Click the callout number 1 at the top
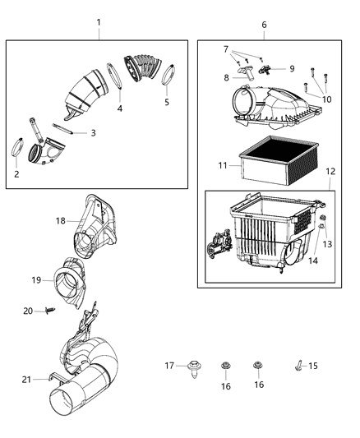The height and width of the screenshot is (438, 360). (x=99, y=22)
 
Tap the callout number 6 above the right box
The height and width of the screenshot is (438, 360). (x=264, y=25)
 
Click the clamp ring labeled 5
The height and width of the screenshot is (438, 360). (x=170, y=76)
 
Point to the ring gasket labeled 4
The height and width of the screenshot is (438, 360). (x=118, y=80)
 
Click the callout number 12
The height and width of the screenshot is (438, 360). (x=330, y=172)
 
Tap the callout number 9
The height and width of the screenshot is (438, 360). (x=291, y=69)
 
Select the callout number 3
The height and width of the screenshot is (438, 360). (x=93, y=132)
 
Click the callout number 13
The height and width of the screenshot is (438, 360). (x=327, y=244)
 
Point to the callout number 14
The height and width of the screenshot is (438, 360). (x=312, y=260)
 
